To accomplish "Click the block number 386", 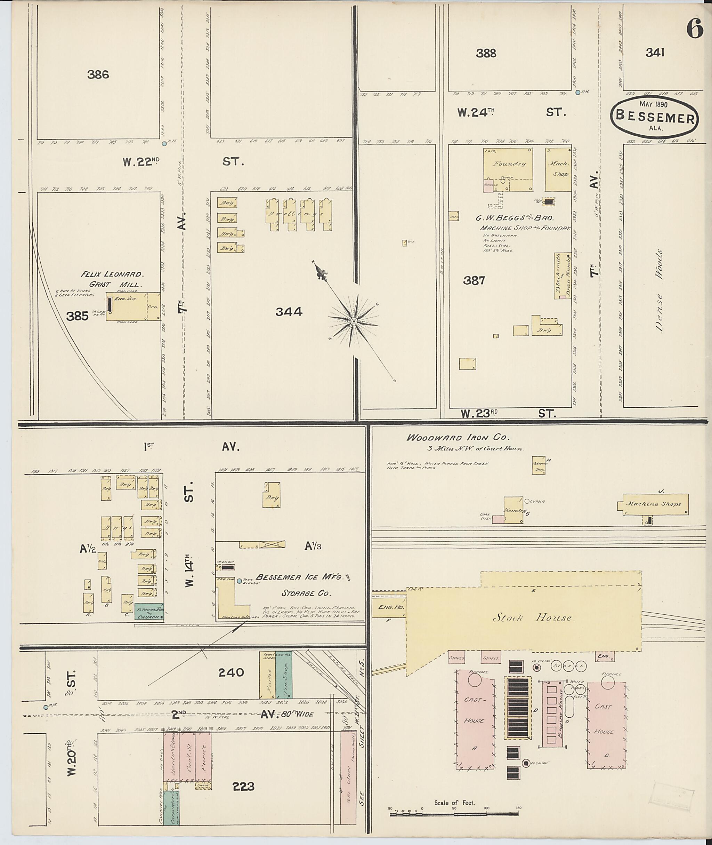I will click(x=98, y=74).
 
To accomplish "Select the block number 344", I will click(x=289, y=311).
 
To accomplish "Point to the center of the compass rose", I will click(x=354, y=321).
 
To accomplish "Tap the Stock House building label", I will click(x=533, y=617).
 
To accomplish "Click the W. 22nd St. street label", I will click(x=184, y=162).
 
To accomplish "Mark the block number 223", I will click(x=243, y=787).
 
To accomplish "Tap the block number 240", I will click(x=231, y=672).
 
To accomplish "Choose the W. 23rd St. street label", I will click(x=509, y=414).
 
